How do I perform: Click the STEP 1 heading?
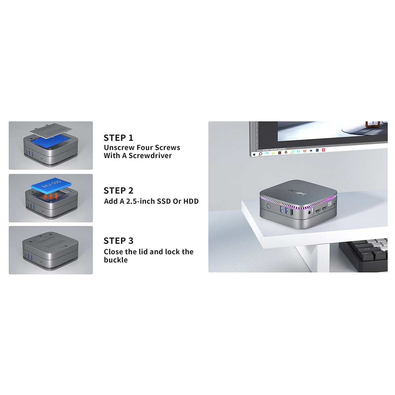(x=118, y=138)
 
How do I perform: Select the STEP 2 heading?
(x=118, y=191)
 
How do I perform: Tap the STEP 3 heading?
(x=118, y=241)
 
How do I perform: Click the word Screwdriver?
(x=150, y=156)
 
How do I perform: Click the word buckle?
(x=116, y=260)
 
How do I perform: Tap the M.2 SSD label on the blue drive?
(x=51, y=184)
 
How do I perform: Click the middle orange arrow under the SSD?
(x=51, y=196)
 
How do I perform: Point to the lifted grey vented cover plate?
(x=51, y=130)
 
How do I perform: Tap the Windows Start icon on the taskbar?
(x=254, y=154)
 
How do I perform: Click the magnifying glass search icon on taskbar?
(x=260, y=154)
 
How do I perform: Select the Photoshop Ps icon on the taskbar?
(x=317, y=150)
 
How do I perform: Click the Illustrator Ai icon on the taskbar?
(x=279, y=153)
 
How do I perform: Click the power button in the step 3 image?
(x=40, y=261)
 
